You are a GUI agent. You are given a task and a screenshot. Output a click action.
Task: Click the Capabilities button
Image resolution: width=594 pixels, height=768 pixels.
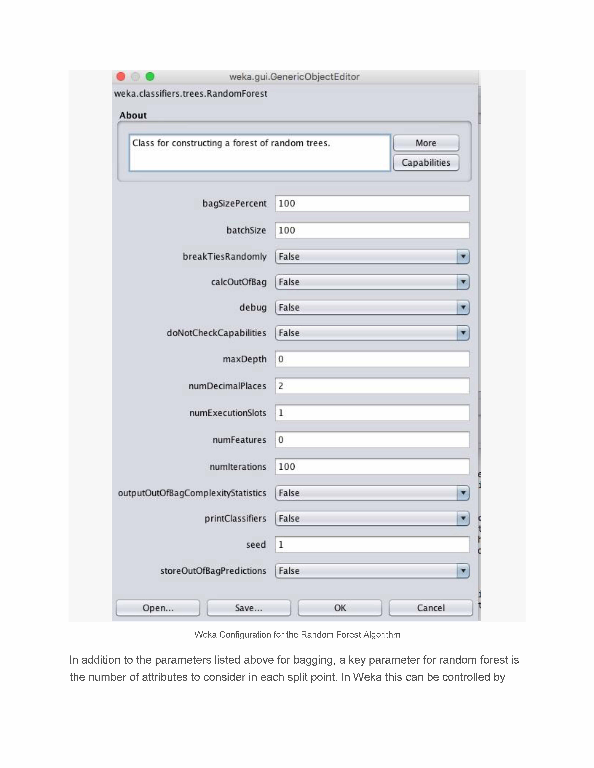pos(426,162)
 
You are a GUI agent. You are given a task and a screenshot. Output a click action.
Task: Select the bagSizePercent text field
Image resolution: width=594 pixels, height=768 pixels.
pos(372,203)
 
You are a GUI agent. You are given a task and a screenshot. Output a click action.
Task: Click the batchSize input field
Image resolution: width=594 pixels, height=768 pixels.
pos(372,230)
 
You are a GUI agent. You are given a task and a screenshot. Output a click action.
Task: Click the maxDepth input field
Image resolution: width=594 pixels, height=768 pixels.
pos(372,359)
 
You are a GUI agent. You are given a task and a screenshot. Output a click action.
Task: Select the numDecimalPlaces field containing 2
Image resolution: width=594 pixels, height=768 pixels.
pos(372,386)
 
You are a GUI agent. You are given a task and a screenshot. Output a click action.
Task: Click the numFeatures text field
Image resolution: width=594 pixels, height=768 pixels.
pos(372,440)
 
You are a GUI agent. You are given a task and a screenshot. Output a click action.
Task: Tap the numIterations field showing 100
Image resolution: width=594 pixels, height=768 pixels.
pos(372,467)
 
